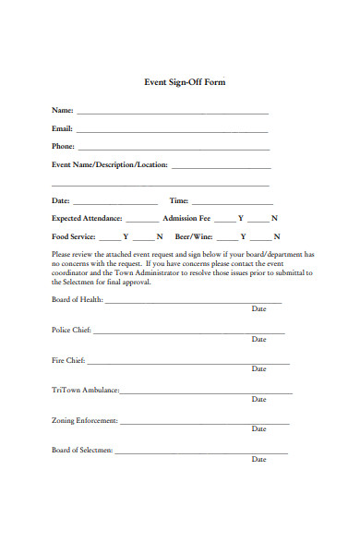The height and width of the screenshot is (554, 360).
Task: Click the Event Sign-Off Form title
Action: pos(185,82)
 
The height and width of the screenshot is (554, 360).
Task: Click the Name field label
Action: pos(62,111)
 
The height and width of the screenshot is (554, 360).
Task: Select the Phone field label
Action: pos(63,146)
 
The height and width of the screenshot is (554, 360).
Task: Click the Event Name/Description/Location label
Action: pos(109,165)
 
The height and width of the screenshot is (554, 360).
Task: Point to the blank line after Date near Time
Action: pos(114,202)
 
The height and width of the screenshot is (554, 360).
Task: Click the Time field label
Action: pos(178,200)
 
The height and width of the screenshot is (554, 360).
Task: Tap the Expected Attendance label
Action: pos(87,219)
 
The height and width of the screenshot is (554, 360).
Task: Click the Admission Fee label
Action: pos(186,219)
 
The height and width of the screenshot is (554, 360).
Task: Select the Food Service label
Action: pos(74,236)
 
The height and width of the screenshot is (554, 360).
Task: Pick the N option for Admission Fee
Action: pos(274,219)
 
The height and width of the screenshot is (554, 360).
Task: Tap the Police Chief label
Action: pos(71,330)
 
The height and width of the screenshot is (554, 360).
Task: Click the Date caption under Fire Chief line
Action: pos(258,369)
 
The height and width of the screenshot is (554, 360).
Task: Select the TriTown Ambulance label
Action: pos(86,390)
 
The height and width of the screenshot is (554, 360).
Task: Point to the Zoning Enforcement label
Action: pos(84,420)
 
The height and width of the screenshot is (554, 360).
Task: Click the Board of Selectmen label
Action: pos(82,450)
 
